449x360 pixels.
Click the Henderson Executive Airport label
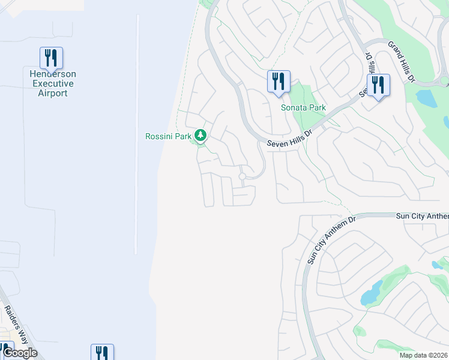point(52,83)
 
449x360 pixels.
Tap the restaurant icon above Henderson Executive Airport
point(52,58)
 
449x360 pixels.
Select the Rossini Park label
point(168,136)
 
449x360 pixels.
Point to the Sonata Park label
point(303,108)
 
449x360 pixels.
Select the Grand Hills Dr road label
point(402,62)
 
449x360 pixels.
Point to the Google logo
point(19,353)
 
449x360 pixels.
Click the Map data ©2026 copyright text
point(423,355)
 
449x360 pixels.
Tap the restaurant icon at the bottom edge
point(102,353)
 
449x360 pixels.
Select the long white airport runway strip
point(137,132)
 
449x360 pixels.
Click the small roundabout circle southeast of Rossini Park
point(243,176)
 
